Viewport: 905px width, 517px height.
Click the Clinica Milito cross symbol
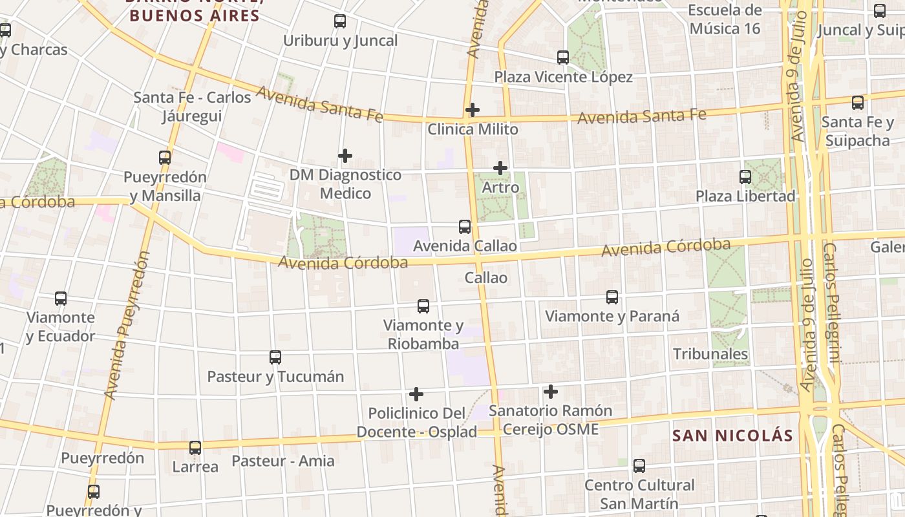click(473, 110)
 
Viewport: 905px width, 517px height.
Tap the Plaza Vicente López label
click(563, 77)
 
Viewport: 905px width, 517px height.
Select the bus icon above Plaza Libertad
click(745, 176)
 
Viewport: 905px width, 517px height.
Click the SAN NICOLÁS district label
click(732, 436)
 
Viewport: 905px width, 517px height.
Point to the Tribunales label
click(710, 354)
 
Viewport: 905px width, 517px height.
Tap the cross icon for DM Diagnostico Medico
click(345, 156)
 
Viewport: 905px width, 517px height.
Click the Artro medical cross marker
click(500, 168)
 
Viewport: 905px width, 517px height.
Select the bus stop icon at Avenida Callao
click(465, 227)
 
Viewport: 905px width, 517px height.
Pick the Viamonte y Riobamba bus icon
click(423, 306)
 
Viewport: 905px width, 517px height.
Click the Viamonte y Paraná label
click(612, 316)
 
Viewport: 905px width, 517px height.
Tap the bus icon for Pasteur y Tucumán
click(275, 357)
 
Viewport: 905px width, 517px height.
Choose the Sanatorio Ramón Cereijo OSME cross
click(551, 392)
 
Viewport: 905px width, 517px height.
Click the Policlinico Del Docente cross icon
click(416, 394)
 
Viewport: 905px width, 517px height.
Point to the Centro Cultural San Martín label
click(639, 494)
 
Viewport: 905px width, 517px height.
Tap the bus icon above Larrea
click(195, 447)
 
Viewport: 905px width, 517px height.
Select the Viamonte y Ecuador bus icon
click(61, 299)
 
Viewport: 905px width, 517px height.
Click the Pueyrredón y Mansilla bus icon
click(165, 158)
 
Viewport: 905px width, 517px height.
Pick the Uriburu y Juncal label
click(340, 41)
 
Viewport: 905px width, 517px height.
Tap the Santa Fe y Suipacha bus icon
click(858, 103)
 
